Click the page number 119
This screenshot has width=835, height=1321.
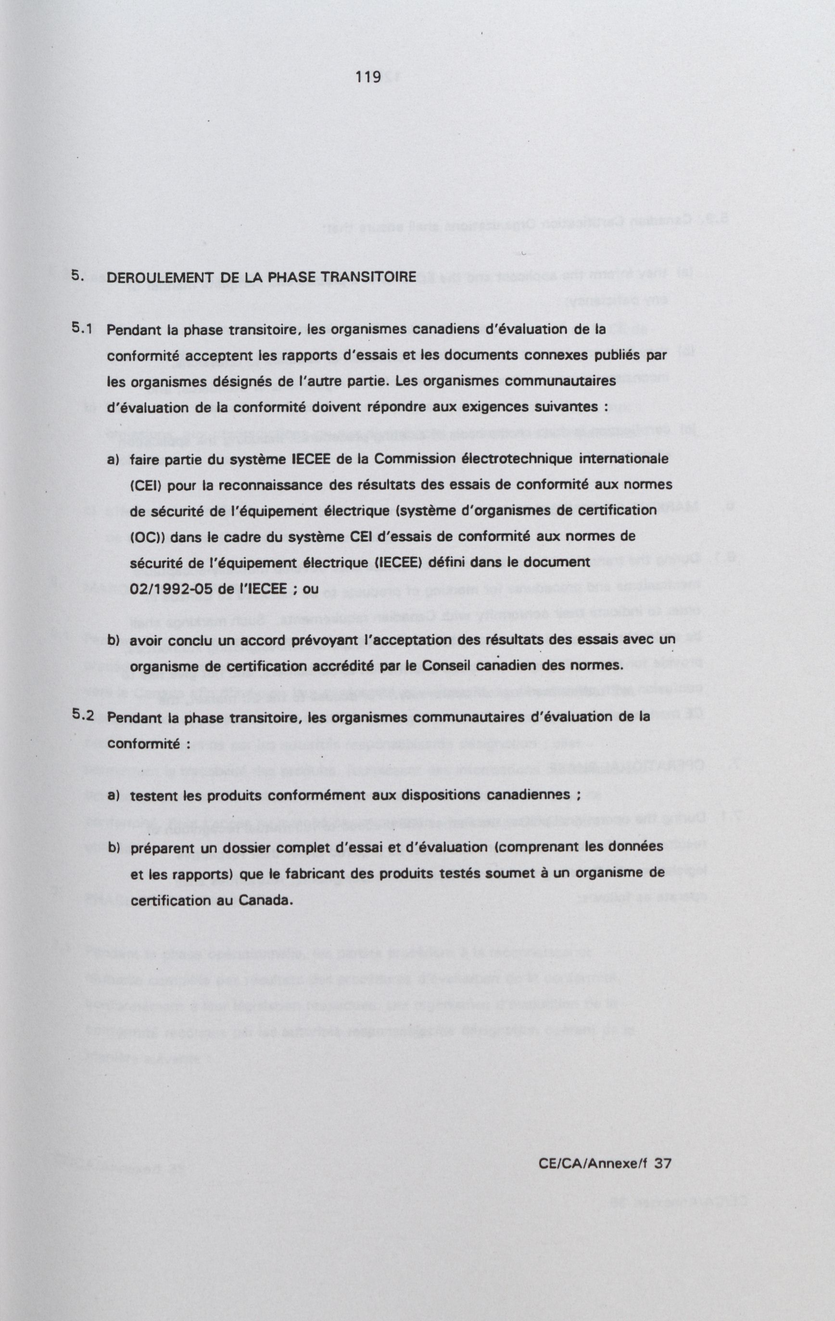(x=367, y=77)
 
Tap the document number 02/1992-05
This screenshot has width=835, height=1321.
(x=177, y=589)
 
